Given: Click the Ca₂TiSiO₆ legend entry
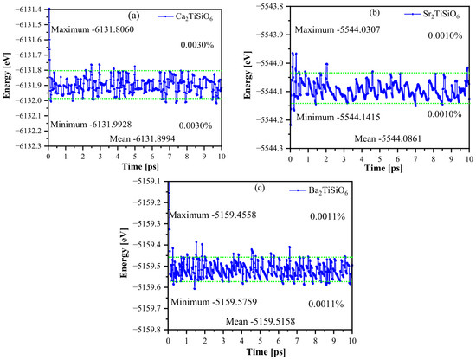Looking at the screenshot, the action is pyautogui.click(x=185, y=16).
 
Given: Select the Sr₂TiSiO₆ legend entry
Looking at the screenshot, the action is pyautogui.click(x=432, y=14).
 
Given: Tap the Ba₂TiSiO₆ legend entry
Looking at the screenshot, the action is pyautogui.click(x=318, y=191).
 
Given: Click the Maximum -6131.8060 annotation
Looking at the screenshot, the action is pyautogui.click(x=93, y=29).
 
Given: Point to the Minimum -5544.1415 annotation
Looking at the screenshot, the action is pyautogui.click(x=338, y=117).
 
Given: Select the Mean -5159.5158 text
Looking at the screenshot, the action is pyautogui.click(x=261, y=321).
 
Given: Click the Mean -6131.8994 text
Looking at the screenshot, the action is pyautogui.click(x=143, y=138).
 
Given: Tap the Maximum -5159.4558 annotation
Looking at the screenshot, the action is pyautogui.click(x=213, y=215).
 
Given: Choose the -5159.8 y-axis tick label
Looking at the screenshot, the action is pyautogui.click(x=149, y=330).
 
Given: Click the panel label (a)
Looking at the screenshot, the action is pyautogui.click(x=133, y=16).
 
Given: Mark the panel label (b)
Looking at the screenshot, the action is pyautogui.click(x=374, y=12).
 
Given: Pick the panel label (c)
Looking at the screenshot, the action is pyautogui.click(x=260, y=188).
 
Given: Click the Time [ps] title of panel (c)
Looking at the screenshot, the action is pyautogui.click(x=266, y=352).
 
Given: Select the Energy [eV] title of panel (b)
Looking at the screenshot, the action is pyautogui.click(x=248, y=75).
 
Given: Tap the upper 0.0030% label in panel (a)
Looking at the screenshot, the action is pyautogui.click(x=197, y=45).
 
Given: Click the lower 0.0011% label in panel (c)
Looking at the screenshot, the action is pyautogui.click(x=326, y=304).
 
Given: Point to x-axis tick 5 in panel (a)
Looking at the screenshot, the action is pyautogui.click(x=135, y=157).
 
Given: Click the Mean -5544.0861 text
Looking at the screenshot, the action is pyautogui.click(x=388, y=138).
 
